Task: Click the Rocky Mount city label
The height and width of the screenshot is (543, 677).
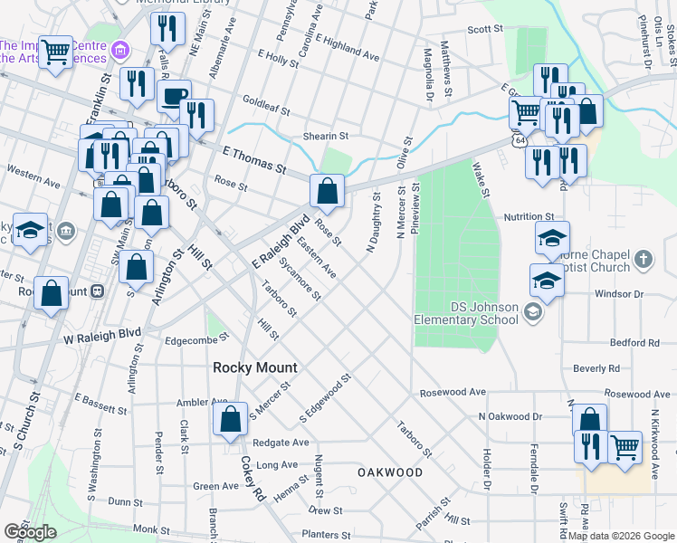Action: (x=255, y=367)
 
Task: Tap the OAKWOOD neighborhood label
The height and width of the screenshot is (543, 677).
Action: (x=389, y=472)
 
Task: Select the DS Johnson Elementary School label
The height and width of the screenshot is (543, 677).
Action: (x=465, y=313)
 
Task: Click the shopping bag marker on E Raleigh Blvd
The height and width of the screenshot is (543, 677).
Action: (x=327, y=191)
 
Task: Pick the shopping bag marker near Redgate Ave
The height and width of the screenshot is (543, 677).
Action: (x=230, y=419)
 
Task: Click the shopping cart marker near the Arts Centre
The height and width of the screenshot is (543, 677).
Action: (x=55, y=52)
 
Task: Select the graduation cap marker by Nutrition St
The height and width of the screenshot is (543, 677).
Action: (x=552, y=238)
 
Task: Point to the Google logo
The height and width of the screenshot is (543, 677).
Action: (x=31, y=532)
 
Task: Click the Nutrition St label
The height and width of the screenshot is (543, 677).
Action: (x=529, y=217)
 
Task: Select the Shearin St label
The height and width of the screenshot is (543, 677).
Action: (x=326, y=135)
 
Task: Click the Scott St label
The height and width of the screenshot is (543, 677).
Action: (x=484, y=29)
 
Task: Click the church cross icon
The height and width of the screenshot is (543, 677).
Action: (x=643, y=260)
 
